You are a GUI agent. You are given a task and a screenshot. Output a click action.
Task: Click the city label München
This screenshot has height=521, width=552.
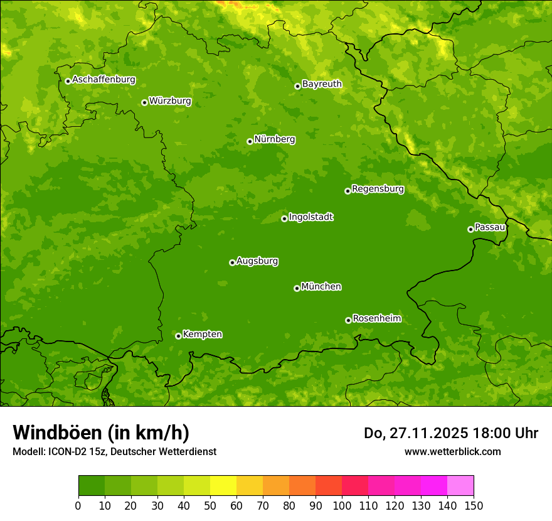(321, 287)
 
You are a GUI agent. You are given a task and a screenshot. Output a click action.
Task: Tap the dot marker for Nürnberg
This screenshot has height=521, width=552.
(250, 141)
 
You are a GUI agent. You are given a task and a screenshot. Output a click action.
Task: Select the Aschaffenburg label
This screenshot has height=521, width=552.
(103, 80)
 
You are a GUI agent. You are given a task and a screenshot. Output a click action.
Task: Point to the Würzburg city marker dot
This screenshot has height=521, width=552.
(144, 102)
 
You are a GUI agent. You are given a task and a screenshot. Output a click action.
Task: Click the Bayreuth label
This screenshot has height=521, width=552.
(322, 84)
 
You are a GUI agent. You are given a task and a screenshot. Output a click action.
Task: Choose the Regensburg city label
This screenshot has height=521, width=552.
(378, 189)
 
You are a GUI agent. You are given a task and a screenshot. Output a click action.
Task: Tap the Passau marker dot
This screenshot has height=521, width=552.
(470, 229)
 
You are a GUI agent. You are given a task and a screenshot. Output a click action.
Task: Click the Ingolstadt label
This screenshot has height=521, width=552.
(310, 217)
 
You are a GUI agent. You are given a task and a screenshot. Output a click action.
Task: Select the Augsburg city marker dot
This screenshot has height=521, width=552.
(232, 262)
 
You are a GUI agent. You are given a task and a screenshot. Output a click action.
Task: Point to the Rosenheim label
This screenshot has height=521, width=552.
(376, 319)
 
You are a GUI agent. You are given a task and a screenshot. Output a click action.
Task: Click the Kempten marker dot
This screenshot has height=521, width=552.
(178, 336)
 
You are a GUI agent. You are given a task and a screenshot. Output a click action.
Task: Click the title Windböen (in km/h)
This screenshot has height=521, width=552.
(101, 432)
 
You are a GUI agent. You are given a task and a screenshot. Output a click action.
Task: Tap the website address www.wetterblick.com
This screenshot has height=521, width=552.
(452, 451)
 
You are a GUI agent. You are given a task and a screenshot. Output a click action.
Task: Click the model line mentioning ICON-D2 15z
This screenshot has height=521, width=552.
(114, 451)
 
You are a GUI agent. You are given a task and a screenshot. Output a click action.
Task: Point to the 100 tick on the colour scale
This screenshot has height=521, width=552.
(342, 505)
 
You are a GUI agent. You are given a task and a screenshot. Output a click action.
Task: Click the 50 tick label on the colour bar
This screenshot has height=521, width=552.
(210, 505)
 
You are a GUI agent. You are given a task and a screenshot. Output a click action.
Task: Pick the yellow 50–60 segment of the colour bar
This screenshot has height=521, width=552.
(223, 486)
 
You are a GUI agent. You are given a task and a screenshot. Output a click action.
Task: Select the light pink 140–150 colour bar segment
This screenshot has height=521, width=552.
(460, 486)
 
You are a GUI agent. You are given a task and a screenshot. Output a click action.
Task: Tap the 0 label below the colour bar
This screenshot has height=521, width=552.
(78, 505)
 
